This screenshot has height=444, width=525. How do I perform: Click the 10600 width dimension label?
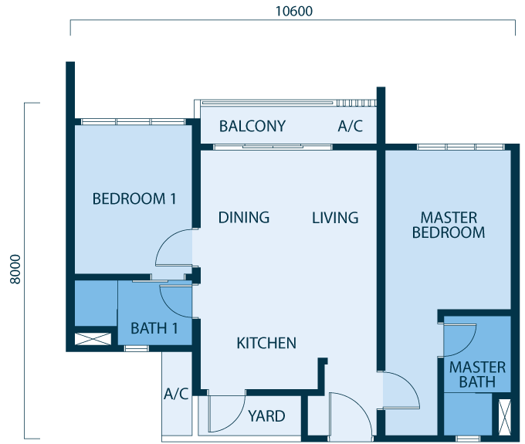294,11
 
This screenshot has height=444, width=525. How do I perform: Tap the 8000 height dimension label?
15,269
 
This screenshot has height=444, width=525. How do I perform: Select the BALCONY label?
252,126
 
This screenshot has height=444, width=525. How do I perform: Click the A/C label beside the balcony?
351,126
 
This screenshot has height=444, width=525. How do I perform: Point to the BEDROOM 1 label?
134,198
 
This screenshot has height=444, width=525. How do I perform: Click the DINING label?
244,217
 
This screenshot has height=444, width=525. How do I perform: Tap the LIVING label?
335,218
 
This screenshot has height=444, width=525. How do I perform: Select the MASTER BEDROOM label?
449,225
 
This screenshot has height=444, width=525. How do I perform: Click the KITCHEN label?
266,343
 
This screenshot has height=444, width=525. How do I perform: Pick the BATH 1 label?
154,328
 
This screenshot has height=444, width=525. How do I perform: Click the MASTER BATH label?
477,375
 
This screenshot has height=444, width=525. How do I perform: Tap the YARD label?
266,416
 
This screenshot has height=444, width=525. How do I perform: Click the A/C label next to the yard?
176,394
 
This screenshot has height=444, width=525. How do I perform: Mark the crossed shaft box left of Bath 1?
93,339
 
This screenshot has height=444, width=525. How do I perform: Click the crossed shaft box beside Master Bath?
505,417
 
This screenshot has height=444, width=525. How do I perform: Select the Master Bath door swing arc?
467,347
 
